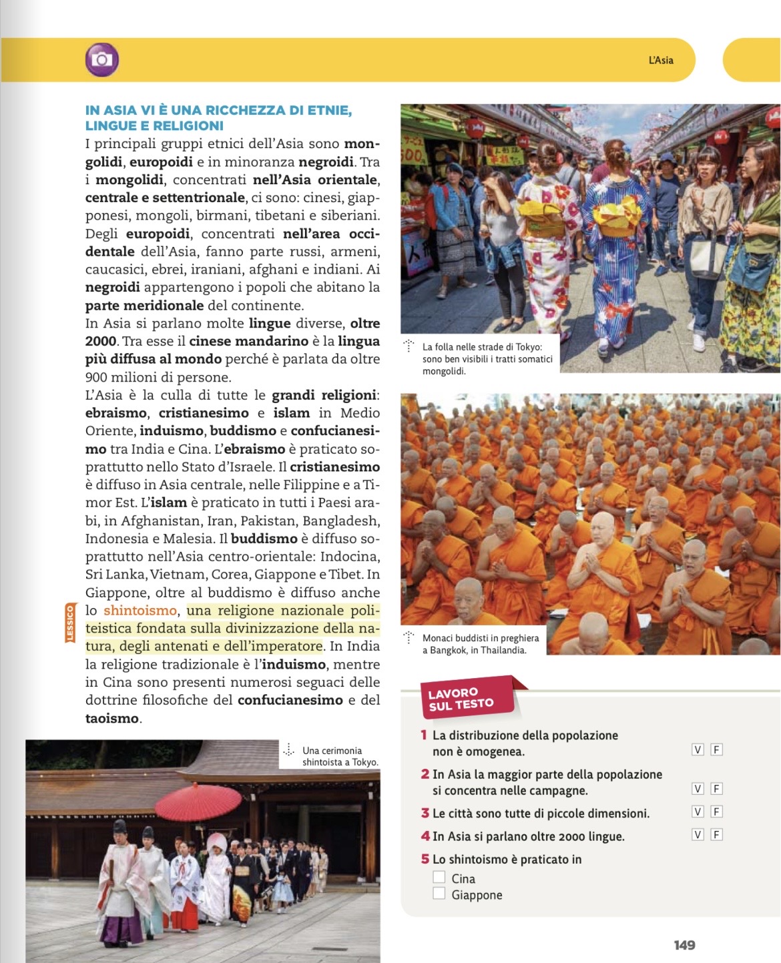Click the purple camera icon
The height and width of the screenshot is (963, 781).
tap(101, 60)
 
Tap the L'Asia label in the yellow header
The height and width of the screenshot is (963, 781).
tap(661, 60)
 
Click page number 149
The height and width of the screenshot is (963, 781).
tap(684, 945)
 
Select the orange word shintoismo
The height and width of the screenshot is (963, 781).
tap(140, 611)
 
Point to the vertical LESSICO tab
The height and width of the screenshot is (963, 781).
tap(70, 623)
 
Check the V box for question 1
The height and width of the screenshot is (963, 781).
tap(698, 749)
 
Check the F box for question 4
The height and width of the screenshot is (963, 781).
tap(716, 835)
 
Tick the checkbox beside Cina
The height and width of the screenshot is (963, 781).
tap(439, 877)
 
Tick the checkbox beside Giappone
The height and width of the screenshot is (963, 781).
tap(439, 894)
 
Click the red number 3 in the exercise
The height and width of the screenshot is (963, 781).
tap(425, 813)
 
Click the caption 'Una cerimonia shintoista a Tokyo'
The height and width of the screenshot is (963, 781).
tap(340, 756)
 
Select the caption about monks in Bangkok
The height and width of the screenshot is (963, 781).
tap(480, 644)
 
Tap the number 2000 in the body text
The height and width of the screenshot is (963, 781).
tap(100, 342)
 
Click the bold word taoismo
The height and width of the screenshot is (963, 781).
tap(112, 719)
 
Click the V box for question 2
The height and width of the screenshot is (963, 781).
tap(698, 789)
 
